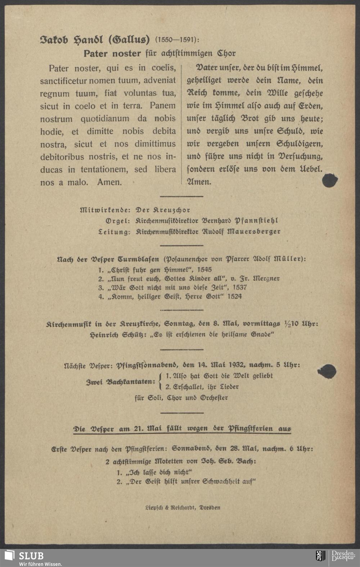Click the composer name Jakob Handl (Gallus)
click(x=94, y=39)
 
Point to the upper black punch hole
click(x=329, y=180)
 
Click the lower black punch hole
click(x=327, y=372)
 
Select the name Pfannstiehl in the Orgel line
click(x=256, y=221)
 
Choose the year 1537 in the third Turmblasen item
click(x=239, y=287)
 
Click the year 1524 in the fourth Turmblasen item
click(x=234, y=296)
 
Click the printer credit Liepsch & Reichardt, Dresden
click(x=183, y=508)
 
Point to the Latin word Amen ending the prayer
click(x=109, y=182)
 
